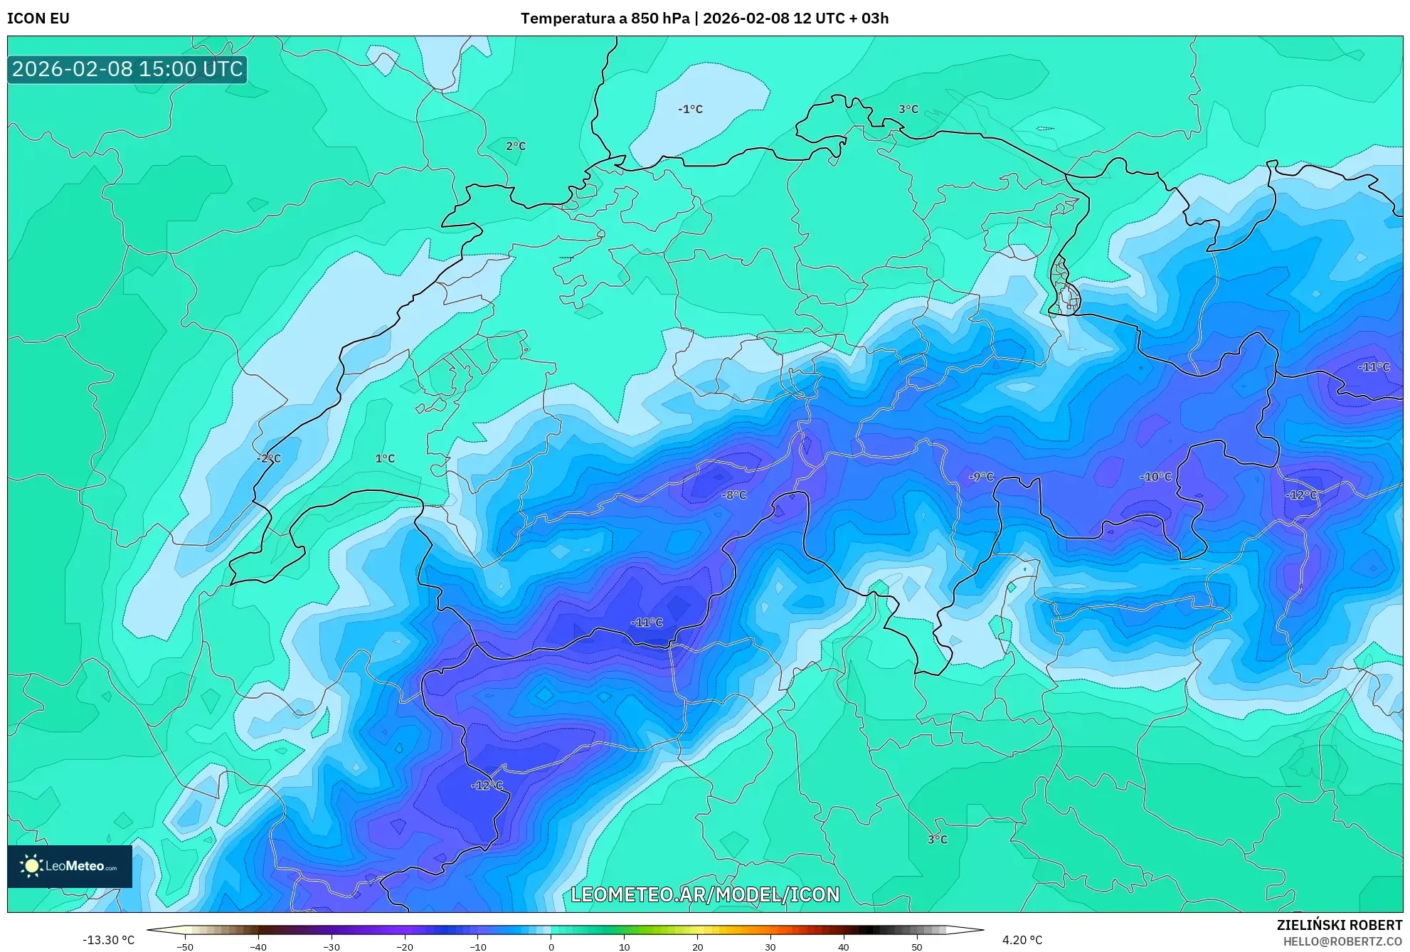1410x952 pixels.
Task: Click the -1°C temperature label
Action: click(690, 109)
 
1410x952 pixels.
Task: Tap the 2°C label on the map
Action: click(516, 146)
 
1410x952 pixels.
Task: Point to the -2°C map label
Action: click(269, 458)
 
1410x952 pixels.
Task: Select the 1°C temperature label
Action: click(385, 458)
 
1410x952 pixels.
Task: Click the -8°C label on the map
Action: click(734, 494)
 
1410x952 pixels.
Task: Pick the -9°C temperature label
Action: click(981, 476)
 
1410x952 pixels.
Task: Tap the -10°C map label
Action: click(1155, 476)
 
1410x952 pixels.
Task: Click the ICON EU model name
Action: click(38, 18)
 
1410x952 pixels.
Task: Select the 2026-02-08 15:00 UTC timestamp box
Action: click(127, 69)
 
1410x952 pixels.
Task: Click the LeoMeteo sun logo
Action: click(31, 866)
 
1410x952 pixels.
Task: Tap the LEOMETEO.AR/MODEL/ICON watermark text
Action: click(705, 894)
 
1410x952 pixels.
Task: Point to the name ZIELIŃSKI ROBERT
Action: click(1339, 925)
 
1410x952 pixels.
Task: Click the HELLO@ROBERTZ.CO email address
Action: click(1342, 941)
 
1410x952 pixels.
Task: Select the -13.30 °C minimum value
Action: click(108, 940)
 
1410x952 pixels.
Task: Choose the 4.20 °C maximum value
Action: click(1022, 940)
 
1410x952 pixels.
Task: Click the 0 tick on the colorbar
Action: click(551, 947)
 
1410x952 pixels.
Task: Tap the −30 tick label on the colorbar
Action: click(331, 947)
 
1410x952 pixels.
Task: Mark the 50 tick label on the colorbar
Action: click(916, 947)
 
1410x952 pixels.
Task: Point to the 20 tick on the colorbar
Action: click(697, 947)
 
